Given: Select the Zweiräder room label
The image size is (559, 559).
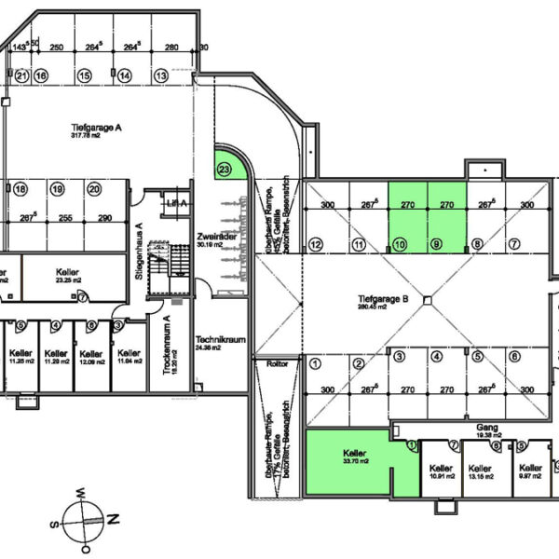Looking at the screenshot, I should [x=212, y=239].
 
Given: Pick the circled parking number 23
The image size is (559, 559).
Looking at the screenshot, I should [x=224, y=170].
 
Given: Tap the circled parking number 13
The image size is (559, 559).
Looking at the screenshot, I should [x=160, y=75].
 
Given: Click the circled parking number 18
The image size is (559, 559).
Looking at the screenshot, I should [x=20, y=189].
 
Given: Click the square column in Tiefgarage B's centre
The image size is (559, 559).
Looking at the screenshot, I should [x=425, y=300].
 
